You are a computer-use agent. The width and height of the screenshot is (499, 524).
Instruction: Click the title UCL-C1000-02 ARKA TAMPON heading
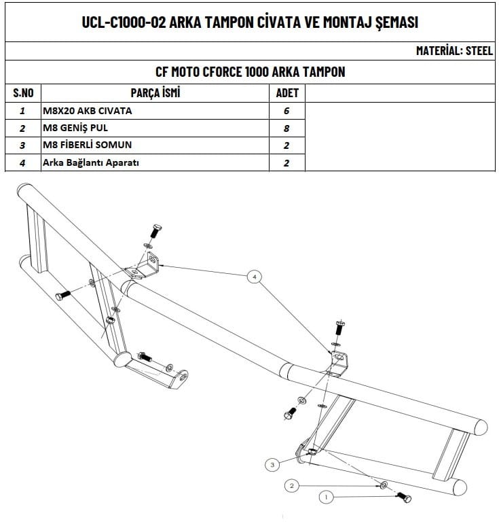tap(249, 22)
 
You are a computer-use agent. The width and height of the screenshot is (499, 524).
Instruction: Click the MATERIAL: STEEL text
tap(454, 51)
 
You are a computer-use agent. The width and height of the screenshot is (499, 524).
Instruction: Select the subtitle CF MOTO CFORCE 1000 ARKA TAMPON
tap(249, 72)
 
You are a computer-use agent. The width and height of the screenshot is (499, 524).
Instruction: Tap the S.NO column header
tap(24, 92)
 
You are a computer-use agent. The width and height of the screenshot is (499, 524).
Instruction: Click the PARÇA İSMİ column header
tap(155, 92)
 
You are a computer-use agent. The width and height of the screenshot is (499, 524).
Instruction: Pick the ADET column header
tap(287, 92)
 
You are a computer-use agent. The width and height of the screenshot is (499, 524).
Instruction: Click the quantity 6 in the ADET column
tap(287, 110)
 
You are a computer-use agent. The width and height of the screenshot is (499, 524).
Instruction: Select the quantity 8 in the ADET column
tap(287, 128)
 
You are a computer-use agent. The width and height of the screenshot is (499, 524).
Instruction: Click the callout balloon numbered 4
tap(254, 277)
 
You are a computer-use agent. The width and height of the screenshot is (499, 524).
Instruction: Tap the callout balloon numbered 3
tap(272, 465)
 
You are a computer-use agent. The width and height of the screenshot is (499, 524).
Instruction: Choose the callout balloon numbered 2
tap(291, 486)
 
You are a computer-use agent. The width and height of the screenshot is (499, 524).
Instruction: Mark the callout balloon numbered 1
tap(327, 497)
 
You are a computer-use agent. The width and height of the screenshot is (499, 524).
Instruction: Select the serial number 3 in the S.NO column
tap(23, 145)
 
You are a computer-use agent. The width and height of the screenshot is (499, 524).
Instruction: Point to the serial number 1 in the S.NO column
tap(23, 110)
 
